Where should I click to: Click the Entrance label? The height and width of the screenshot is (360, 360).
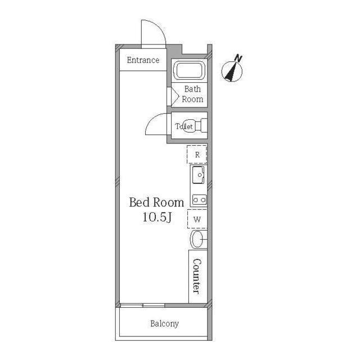143,60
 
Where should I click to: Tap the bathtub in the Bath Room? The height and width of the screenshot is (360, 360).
189,70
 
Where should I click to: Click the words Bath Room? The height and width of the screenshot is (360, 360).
192,94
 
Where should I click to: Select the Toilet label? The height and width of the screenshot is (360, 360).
184,126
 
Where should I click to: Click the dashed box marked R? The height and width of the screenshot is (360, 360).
197,154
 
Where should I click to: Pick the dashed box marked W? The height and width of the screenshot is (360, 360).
197,219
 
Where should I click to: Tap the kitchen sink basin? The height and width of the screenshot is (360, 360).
199,175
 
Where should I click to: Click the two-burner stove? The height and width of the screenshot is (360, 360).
199,200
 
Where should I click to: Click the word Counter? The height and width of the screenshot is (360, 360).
197,276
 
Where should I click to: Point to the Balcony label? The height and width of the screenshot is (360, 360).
164,324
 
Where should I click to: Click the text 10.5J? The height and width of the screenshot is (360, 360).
157,217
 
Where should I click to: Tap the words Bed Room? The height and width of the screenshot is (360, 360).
156,202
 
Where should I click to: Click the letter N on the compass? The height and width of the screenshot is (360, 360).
238,58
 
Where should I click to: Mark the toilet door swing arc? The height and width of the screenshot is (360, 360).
151,119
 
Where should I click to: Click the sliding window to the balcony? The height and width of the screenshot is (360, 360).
142,305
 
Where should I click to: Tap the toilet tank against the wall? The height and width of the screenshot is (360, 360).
204,125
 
